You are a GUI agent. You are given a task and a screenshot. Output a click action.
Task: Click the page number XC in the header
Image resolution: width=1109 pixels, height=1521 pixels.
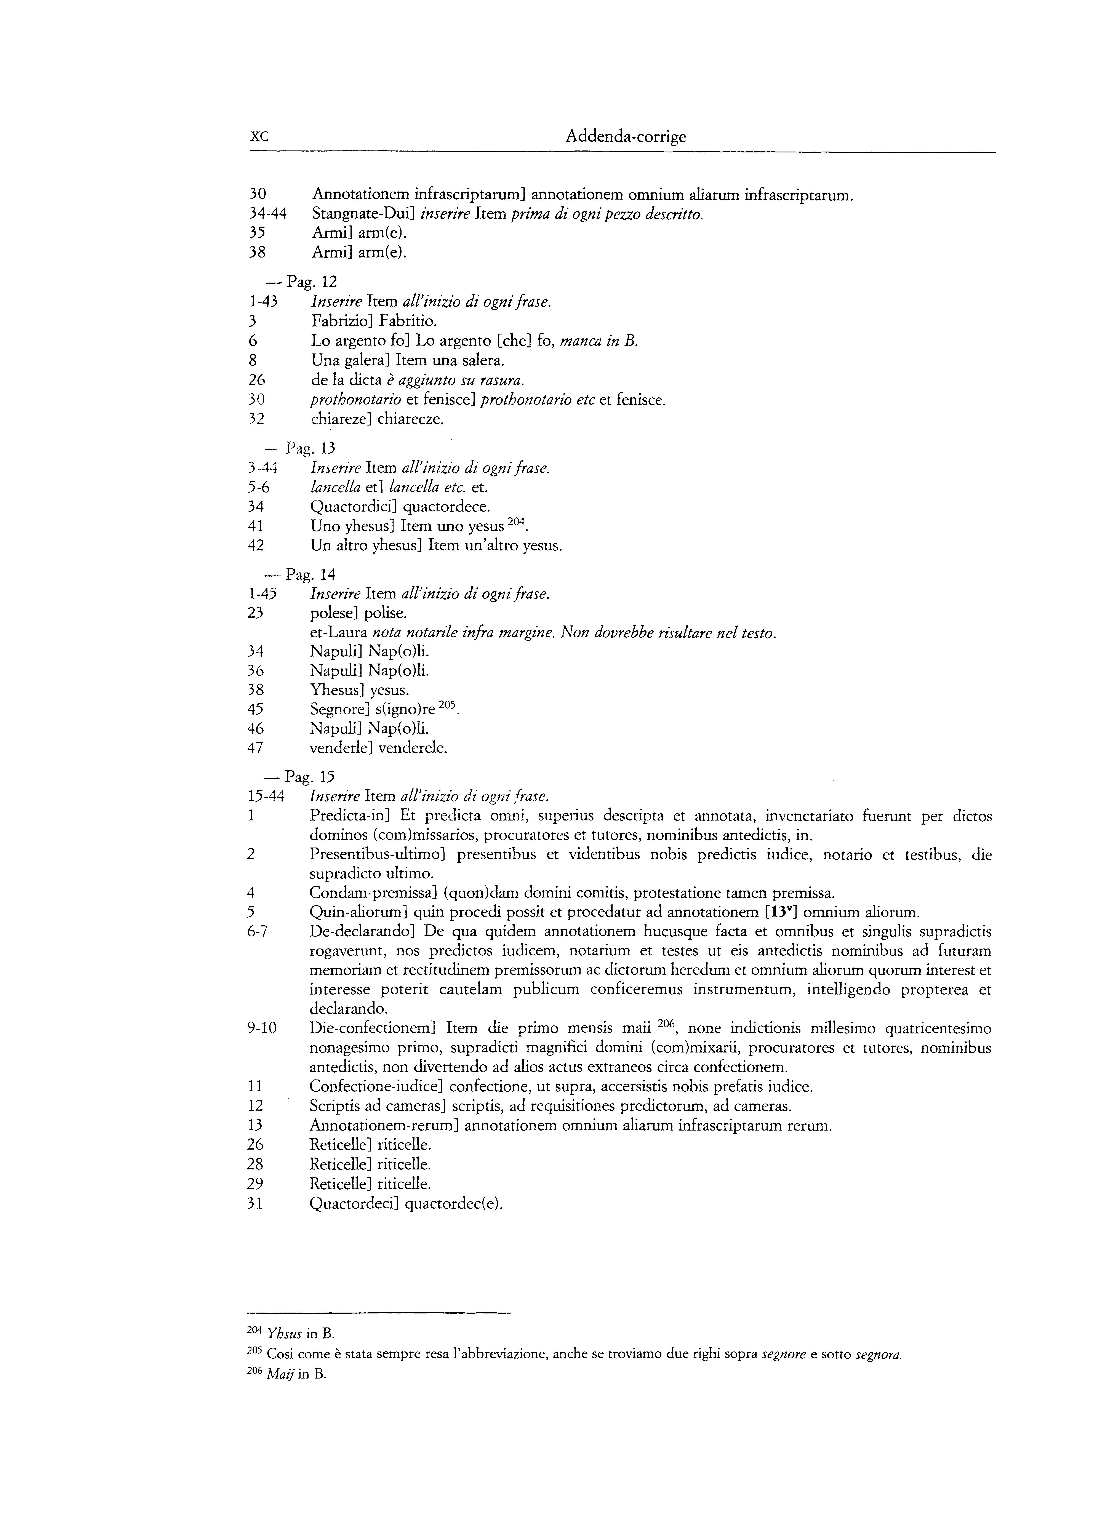(259, 137)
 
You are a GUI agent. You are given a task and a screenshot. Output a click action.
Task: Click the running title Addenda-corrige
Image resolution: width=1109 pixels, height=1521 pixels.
(626, 137)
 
